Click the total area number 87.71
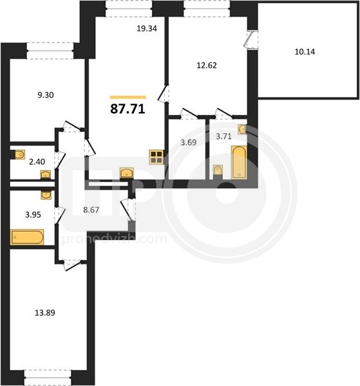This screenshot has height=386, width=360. click(x=128, y=109)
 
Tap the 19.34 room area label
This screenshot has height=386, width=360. click(x=147, y=28)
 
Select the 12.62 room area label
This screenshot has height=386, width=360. click(x=207, y=65)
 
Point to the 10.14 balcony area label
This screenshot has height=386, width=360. click(x=305, y=51)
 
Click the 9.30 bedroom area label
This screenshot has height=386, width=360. click(x=46, y=95)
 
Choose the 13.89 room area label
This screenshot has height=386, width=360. click(x=45, y=313)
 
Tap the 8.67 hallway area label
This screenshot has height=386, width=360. click(x=91, y=210)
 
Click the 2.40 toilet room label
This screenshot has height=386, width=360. click(x=37, y=161)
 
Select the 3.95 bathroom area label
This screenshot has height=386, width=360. click(x=33, y=215)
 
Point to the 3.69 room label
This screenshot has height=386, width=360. click(x=189, y=142)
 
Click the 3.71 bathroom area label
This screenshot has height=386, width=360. click(x=223, y=136)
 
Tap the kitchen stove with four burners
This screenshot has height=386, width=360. click(x=156, y=157)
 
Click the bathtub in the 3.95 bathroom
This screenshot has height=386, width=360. click(x=27, y=237)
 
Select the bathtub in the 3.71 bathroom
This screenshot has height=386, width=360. click(x=239, y=162)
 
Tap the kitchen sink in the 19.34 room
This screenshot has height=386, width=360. click(x=127, y=172)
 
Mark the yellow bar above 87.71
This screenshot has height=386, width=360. click(x=128, y=97)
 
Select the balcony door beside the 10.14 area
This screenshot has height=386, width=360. click(x=251, y=40)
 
